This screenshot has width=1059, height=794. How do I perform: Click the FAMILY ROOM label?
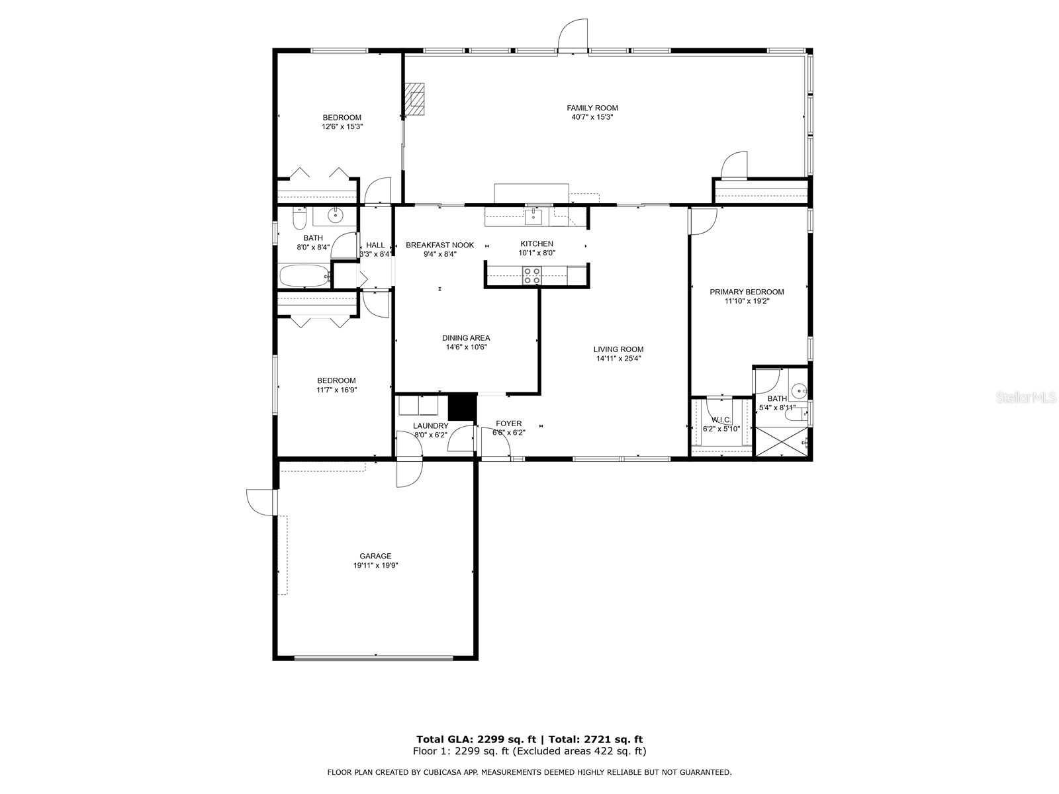pos(592,108)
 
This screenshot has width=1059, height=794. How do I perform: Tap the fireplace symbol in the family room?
pos(416,99)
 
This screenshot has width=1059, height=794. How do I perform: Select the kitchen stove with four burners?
pos(531,275)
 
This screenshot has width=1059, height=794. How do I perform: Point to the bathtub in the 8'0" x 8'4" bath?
pos(304,276)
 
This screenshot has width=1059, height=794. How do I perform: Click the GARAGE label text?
pos(375,556)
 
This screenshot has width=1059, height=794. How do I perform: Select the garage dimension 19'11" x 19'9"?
pos(375,565)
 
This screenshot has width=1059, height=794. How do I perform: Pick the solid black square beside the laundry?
pos(463,406)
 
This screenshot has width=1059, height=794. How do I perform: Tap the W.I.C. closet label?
pos(721,419)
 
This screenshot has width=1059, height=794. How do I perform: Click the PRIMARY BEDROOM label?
pos(747,292)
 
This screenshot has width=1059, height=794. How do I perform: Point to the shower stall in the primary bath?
pos(782,441)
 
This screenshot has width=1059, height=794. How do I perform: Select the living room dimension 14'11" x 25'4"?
pos(618,359)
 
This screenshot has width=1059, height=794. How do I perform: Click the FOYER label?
pos(508,423)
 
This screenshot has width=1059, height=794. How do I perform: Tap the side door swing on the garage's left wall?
pos(259,501)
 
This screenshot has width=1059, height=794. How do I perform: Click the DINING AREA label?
pos(466,338)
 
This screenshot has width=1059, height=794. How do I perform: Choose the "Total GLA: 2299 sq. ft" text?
pos(476,739)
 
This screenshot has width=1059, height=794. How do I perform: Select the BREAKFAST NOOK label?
pos(439,245)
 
